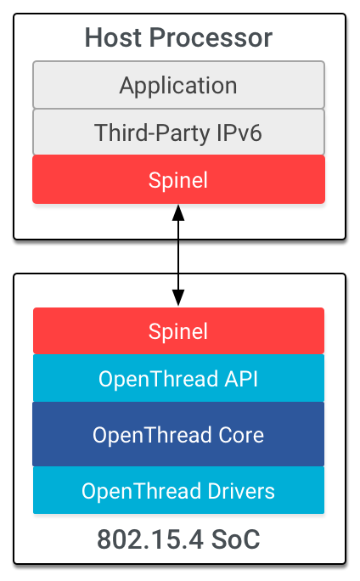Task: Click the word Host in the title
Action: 111,38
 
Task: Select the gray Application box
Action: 178,86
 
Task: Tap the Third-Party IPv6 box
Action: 178,133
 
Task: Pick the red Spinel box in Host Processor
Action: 178,180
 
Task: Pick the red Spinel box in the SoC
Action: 178,331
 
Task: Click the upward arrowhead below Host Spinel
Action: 178,212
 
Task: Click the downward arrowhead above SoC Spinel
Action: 178,296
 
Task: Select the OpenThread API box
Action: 178,379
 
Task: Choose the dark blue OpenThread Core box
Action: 178,435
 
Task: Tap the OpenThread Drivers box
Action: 178,491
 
